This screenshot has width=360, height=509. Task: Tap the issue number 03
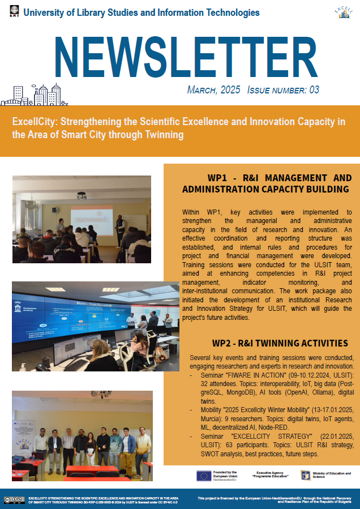point(314,90)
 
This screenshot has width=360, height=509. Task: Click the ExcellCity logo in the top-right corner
point(344,12)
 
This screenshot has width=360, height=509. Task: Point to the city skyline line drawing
point(34,95)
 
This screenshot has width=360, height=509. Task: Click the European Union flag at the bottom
point(204,476)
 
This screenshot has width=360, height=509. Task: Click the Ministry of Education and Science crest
point(305,475)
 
